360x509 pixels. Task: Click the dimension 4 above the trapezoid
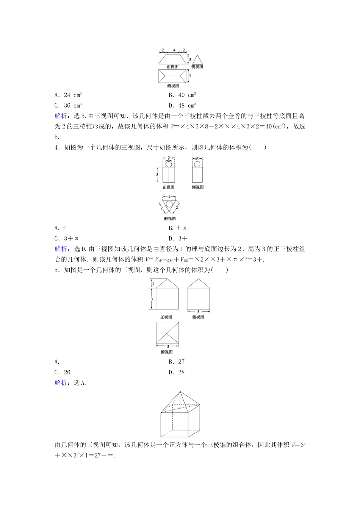tap(174, 50)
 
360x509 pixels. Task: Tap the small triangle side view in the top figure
tap(197, 60)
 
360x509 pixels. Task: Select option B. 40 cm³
tap(182, 95)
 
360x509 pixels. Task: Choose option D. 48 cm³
tap(182, 106)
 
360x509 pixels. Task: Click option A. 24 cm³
tap(68, 95)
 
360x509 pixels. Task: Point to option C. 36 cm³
tap(68, 106)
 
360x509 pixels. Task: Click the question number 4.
tap(57, 147)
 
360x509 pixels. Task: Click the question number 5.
tap(57, 270)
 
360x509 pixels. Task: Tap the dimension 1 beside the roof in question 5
tap(152, 283)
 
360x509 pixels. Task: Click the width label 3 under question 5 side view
tap(198, 312)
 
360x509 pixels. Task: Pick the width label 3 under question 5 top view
tap(168, 346)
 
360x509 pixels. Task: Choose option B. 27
tap(177, 362)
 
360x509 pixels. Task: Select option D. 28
tap(177, 372)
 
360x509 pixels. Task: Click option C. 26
tap(63, 372)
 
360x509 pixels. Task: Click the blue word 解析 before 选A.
tap(61, 383)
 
